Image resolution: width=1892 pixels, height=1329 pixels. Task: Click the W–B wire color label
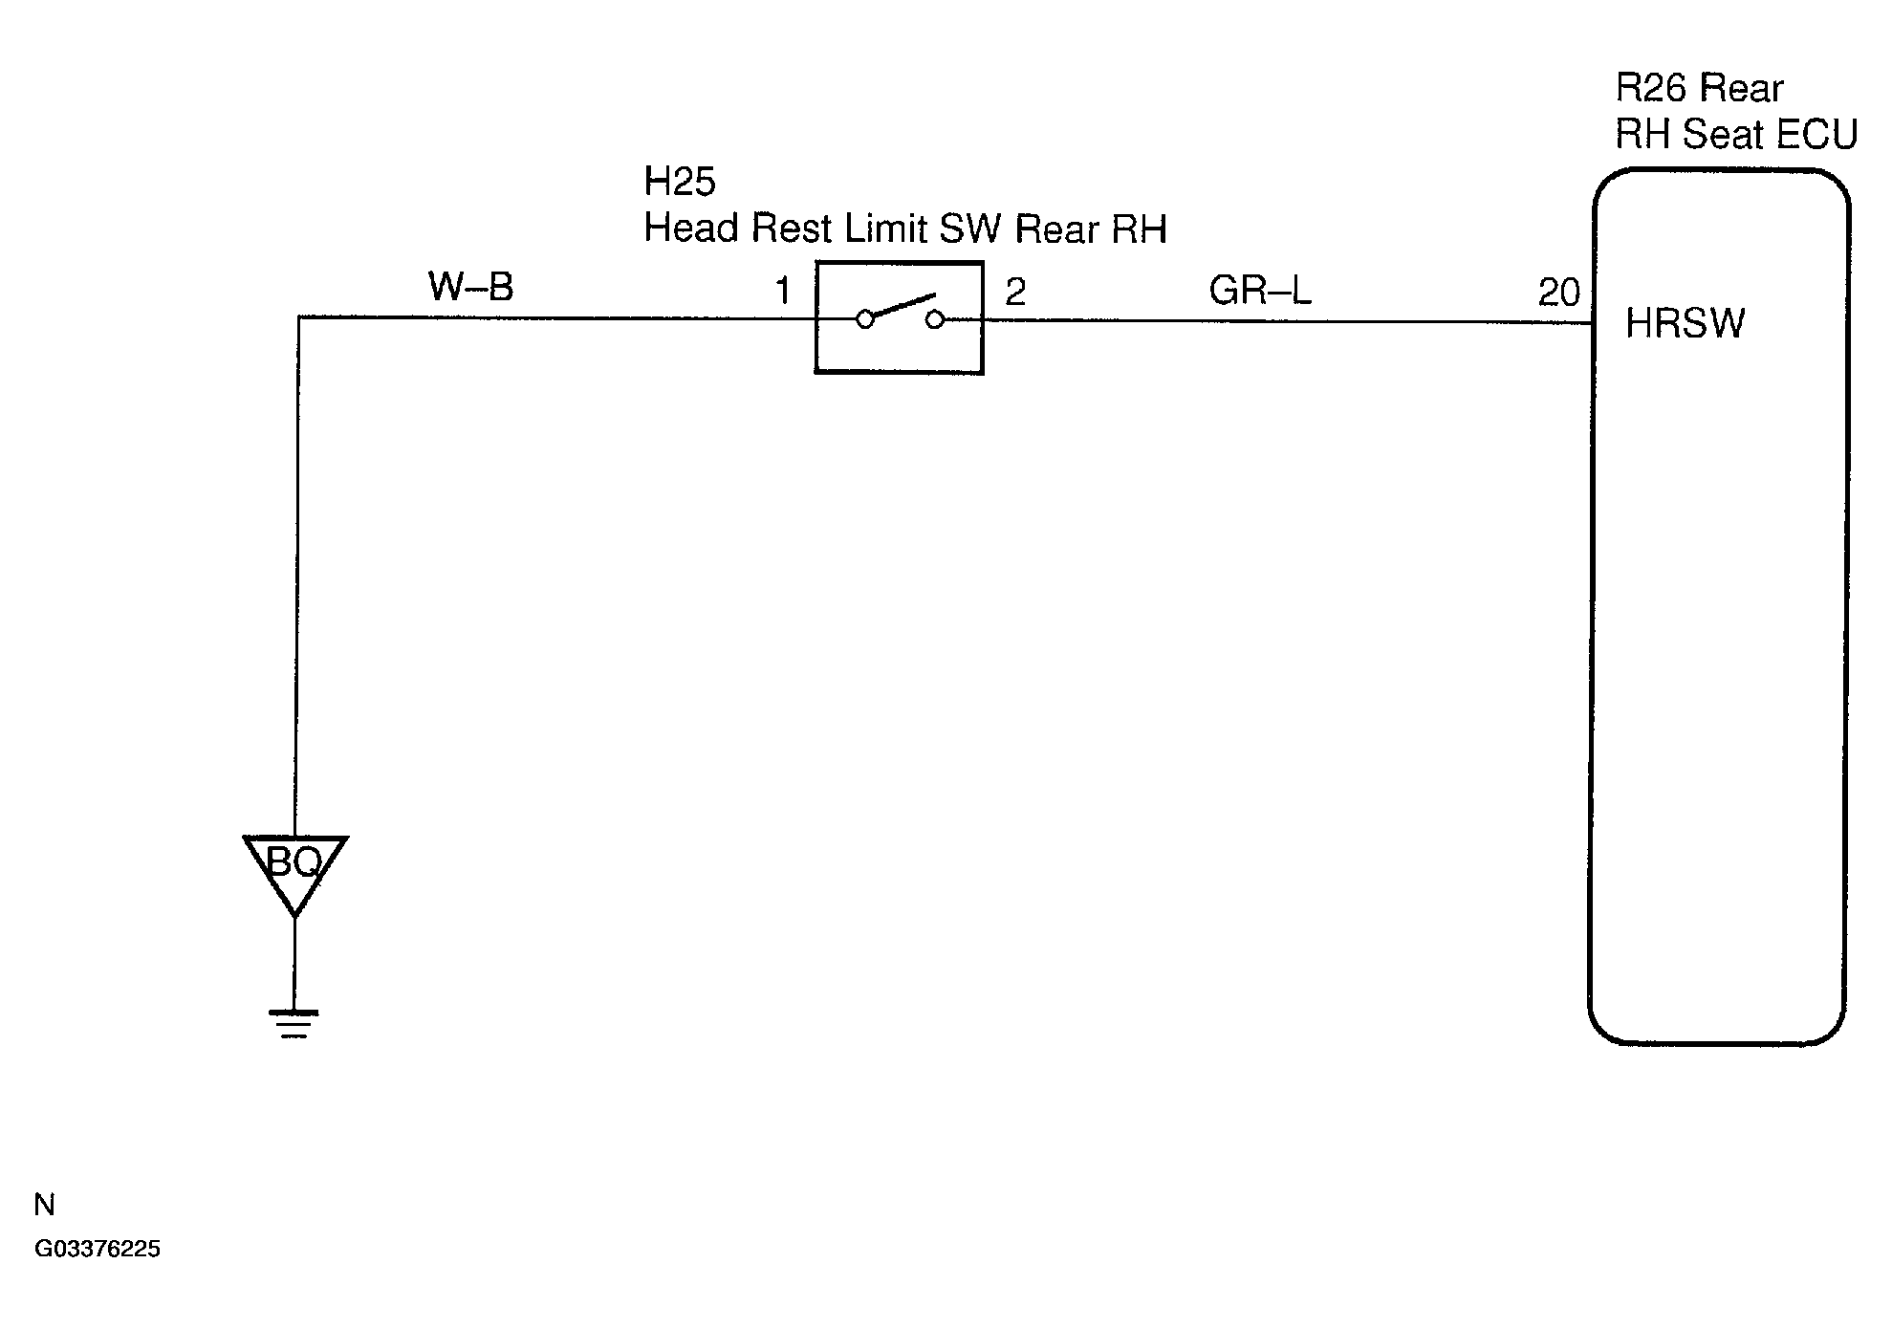click(x=470, y=286)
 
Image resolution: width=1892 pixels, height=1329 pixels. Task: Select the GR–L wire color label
click(x=1260, y=290)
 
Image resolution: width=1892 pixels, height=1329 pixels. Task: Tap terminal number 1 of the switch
click(x=783, y=291)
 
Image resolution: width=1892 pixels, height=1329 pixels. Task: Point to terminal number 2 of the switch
click(x=1015, y=292)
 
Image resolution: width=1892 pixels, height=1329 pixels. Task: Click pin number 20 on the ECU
click(x=1558, y=293)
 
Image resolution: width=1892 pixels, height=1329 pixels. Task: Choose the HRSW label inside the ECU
click(x=1685, y=324)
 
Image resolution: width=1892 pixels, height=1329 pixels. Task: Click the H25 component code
click(x=680, y=181)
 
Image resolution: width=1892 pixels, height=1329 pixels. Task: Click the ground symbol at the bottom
click(x=294, y=1023)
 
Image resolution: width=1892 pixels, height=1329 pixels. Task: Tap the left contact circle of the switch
click(x=865, y=320)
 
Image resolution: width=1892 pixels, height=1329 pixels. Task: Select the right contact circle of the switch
click(x=935, y=319)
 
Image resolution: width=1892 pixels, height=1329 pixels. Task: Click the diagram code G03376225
click(x=98, y=1250)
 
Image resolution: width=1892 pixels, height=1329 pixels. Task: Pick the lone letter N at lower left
click(x=44, y=1205)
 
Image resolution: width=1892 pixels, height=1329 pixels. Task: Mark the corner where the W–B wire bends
click(x=298, y=317)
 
